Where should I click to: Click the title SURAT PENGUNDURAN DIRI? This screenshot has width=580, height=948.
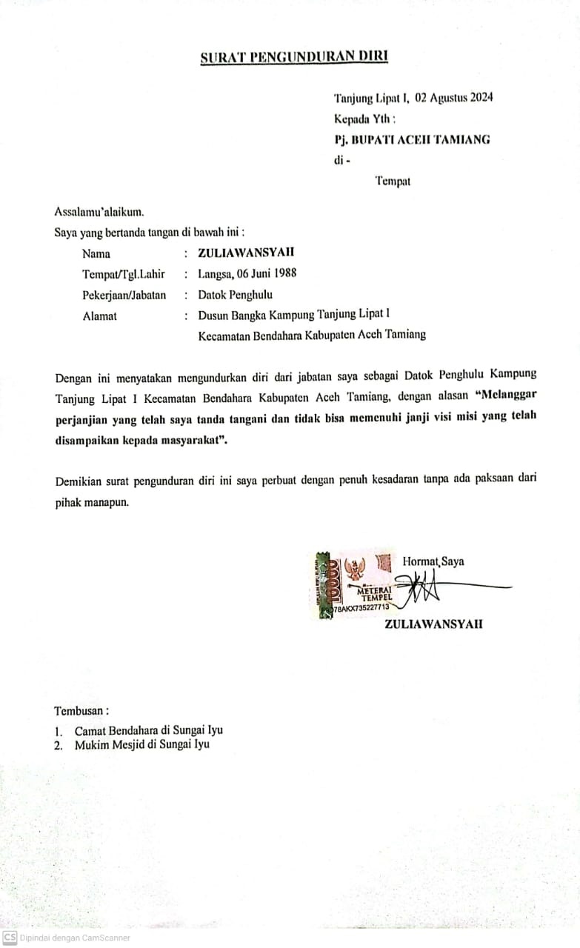click(294, 57)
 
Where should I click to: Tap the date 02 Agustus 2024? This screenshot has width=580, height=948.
click(454, 98)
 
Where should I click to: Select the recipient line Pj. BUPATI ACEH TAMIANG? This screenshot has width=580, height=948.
click(412, 139)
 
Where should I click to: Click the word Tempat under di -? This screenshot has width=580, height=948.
click(393, 181)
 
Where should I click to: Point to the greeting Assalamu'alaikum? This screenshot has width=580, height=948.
click(99, 213)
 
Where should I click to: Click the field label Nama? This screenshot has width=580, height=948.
click(96, 253)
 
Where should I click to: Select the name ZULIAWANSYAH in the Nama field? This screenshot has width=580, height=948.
click(246, 253)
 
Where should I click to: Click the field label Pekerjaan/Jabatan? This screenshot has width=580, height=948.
click(124, 295)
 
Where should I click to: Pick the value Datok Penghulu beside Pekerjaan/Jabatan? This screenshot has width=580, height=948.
click(235, 295)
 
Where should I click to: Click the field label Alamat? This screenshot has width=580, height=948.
click(99, 316)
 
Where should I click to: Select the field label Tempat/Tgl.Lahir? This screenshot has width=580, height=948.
click(123, 274)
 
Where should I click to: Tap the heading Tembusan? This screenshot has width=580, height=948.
click(81, 711)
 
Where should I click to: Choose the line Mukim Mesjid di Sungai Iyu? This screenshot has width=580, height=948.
click(141, 744)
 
